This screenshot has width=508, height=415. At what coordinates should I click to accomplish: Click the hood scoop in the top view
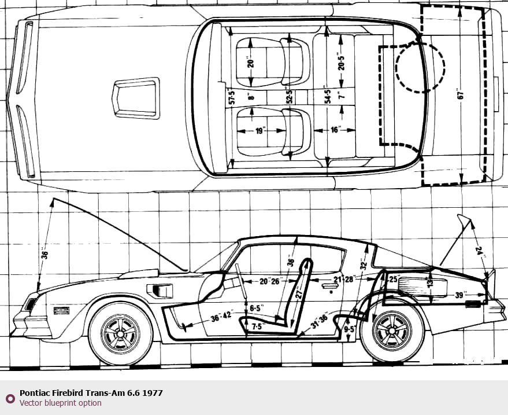coord(136,97)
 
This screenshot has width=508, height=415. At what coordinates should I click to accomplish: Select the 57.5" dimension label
coord(231,97)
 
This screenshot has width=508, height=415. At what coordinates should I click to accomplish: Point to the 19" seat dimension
coord(259,131)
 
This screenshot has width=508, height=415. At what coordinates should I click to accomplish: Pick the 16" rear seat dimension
coord(335,130)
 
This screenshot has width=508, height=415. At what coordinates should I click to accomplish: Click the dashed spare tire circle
coord(420,68)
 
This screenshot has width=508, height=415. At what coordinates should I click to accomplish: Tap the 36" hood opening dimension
coord(44,254)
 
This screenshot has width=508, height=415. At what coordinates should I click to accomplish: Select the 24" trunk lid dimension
coord(479,250)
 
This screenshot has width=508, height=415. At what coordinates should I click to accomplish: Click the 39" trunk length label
coord(460,295)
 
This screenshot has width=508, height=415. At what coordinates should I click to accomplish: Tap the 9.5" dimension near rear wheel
coord(349,329)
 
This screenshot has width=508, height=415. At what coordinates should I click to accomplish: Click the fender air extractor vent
coord(160,290)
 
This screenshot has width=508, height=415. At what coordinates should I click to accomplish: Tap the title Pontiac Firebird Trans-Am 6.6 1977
coord(91,393)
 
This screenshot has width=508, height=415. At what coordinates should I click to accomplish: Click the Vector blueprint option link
coord(60,403)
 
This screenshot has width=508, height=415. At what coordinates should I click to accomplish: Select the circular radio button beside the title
coord(10,398)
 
